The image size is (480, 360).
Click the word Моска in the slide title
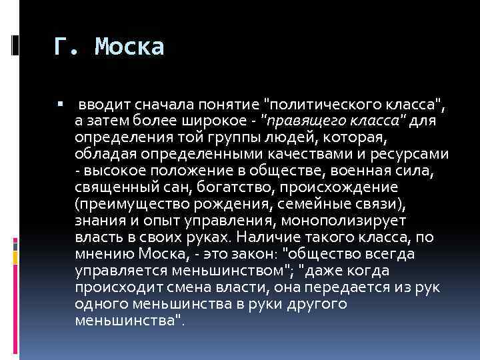pos(129,47)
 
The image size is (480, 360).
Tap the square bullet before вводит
pos(59,105)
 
